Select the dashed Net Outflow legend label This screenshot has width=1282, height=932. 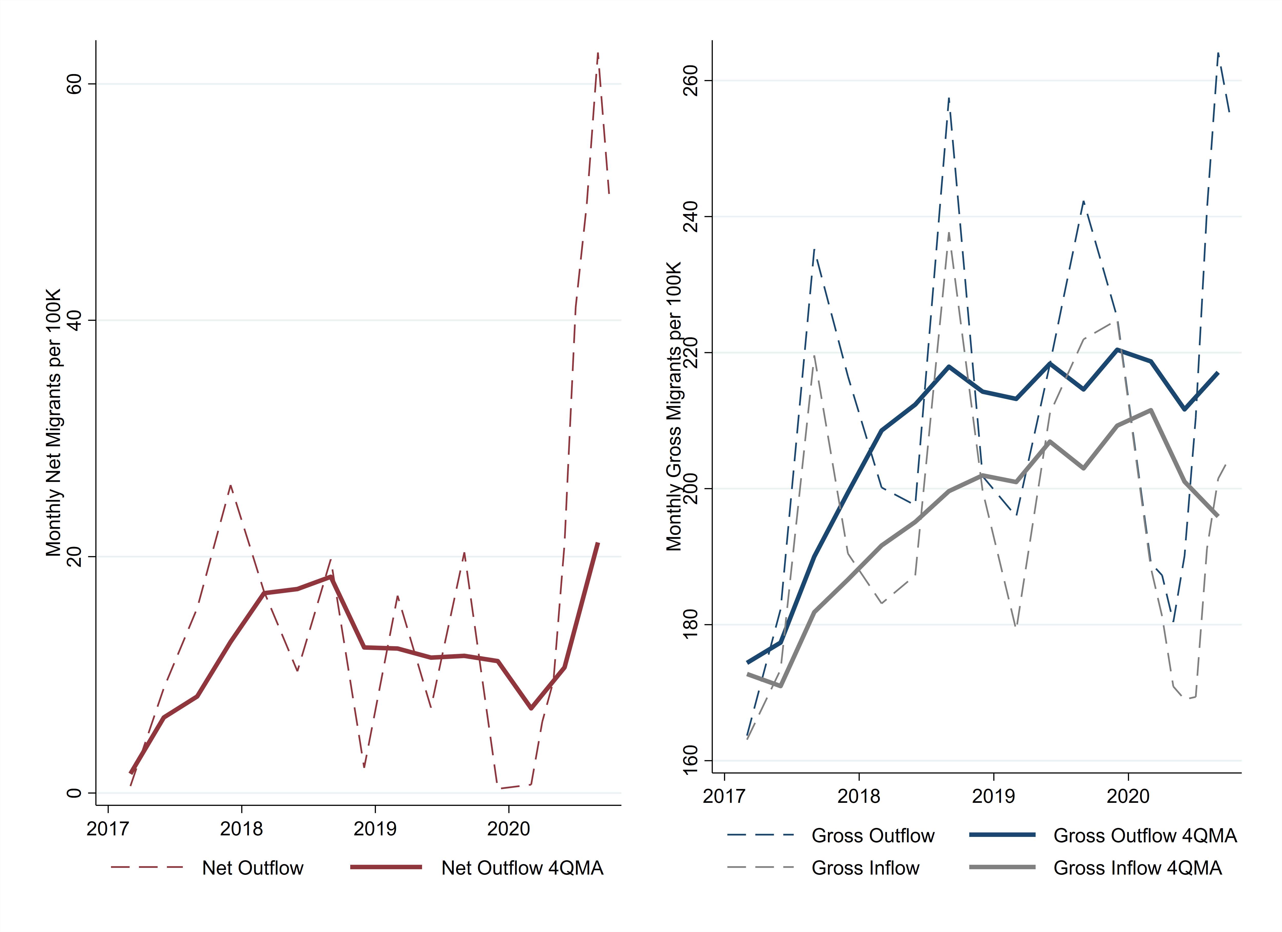click(253, 868)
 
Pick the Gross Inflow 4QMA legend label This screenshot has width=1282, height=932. click(1137, 868)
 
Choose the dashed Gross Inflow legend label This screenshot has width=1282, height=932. click(865, 868)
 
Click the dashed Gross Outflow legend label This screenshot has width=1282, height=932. click(873, 835)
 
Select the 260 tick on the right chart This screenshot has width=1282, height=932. click(690, 80)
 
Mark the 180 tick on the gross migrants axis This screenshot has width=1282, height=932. click(690, 624)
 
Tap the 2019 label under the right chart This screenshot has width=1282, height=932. click(993, 796)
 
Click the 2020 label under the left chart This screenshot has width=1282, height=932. click(509, 829)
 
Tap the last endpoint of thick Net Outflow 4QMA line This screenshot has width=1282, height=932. click(598, 543)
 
